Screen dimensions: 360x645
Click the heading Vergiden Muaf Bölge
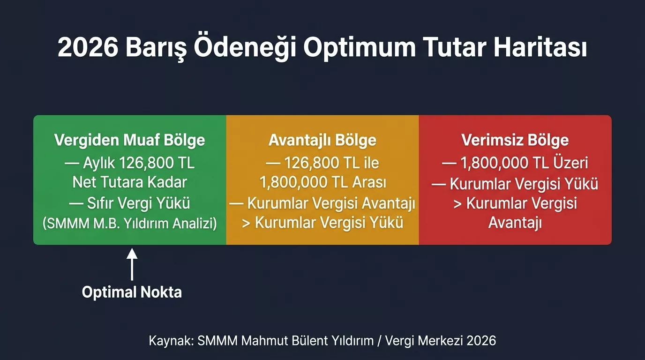pos(129,140)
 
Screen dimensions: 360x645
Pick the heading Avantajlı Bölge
pos(322,140)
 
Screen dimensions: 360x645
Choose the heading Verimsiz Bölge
pos(515,140)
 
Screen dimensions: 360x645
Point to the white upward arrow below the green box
pos(132,265)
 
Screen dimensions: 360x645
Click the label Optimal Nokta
pos(132,292)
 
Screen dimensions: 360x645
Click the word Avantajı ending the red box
pos(515,224)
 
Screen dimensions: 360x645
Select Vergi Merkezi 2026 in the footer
pos(441,340)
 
